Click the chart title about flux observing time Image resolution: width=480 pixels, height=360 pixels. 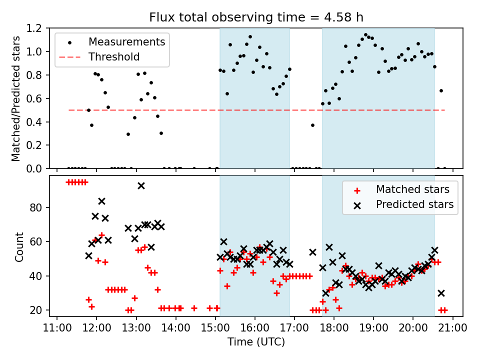pos(256,17)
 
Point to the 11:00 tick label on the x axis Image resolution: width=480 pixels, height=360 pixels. pos(57,328)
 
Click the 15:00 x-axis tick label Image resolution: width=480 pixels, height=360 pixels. pos(215,328)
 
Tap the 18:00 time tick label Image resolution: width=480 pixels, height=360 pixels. pos(334,328)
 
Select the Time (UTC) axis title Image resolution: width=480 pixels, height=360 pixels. pos(256,342)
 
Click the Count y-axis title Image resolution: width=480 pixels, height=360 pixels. pos(19,246)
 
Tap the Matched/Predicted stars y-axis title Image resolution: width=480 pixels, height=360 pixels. pos(16,98)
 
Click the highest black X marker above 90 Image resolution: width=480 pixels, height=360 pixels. pos(141,185)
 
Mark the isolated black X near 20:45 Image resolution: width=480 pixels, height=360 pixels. pos(441,293)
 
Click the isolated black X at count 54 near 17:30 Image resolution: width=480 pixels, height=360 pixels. pos(312,252)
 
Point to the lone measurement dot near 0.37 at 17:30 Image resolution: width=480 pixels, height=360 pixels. pos(312,125)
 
